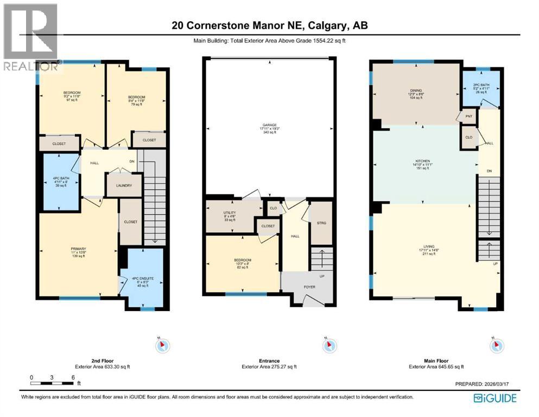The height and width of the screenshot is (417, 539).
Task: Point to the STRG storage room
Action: pos(320,223)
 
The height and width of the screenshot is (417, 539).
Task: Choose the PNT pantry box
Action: pos(468,116)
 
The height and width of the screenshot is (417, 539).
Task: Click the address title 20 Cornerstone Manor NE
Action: pos(269,26)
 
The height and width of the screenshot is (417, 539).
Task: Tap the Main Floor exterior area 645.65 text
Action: pos(436,367)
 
